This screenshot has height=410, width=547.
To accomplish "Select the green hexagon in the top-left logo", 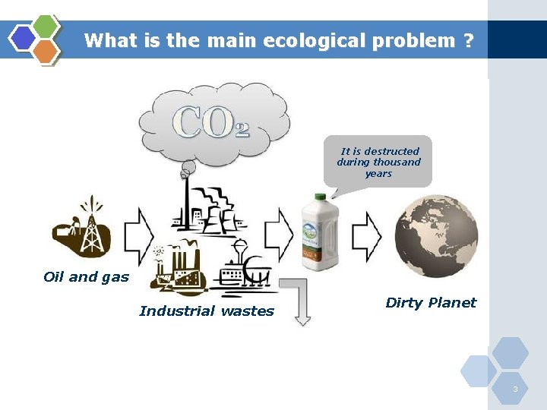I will [x=46, y=27].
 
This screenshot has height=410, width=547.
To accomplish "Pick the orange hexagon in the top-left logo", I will [x=46, y=51].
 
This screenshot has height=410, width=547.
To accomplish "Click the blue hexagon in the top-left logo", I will [x=23, y=38].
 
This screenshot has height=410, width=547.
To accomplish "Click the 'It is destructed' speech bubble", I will [x=378, y=160].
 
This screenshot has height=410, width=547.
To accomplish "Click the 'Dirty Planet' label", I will [x=431, y=303].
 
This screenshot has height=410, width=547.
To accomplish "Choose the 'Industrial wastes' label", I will [x=207, y=311].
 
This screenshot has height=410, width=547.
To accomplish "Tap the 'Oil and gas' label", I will [x=87, y=277].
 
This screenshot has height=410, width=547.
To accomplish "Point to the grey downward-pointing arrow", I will [x=300, y=301].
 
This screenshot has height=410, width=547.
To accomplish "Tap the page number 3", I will [x=515, y=389].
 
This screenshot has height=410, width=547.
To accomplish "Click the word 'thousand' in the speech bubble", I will [x=400, y=162].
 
